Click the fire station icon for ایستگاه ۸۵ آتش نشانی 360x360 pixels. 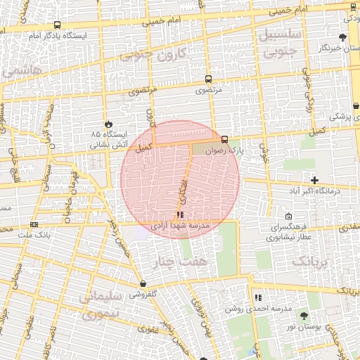(108, 123)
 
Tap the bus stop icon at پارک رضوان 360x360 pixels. (224, 139)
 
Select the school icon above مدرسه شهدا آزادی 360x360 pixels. (181, 214)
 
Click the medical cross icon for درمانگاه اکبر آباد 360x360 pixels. (314, 181)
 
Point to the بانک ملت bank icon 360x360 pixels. (34, 224)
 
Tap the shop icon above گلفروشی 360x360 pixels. (143, 284)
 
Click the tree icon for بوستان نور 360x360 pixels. (304, 316)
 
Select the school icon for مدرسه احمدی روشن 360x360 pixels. (258, 298)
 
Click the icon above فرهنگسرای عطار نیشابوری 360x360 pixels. (289, 217)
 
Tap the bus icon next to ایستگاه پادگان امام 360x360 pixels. (56, 25)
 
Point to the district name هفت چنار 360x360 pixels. (180, 263)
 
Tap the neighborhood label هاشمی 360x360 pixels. (21, 71)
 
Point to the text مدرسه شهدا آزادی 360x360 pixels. (180, 226)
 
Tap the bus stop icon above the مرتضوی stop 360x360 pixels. (207, 79)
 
